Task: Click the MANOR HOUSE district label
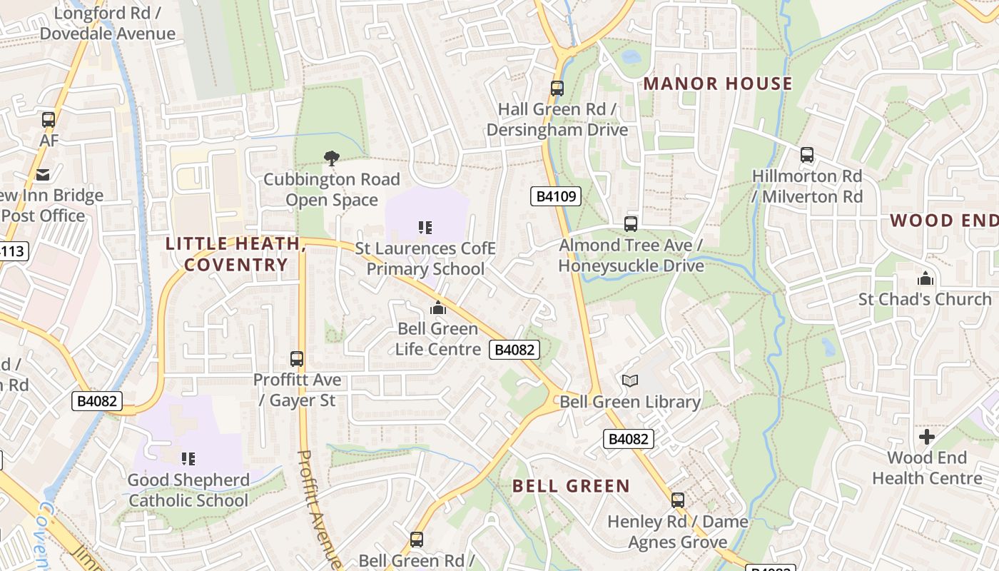(x=718, y=84)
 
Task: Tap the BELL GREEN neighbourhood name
(x=571, y=486)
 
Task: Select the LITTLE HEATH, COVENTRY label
(x=236, y=254)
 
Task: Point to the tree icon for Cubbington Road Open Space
(x=331, y=158)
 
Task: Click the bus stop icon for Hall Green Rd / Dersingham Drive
(x=557, y=89)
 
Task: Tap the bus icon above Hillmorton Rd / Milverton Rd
(x=807, y=155)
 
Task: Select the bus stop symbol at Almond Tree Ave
(x=631, y=224)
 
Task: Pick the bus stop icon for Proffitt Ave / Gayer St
(x=297, y=359)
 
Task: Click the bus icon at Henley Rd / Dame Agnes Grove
(x=678, y=500)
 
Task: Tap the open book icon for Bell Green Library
(x=629, y=381)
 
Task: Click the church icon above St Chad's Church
(x=926, y=278)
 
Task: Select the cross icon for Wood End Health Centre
(x=926, y=437)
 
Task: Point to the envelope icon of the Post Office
(x=42, y=175)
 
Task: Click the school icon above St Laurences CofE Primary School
(x=425, y=228)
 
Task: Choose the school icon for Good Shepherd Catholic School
(x=188, y=458)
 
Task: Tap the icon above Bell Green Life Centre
(x=437, y=308)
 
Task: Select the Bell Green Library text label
(x=630, y=402)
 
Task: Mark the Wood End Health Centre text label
(x=927, y=468)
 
